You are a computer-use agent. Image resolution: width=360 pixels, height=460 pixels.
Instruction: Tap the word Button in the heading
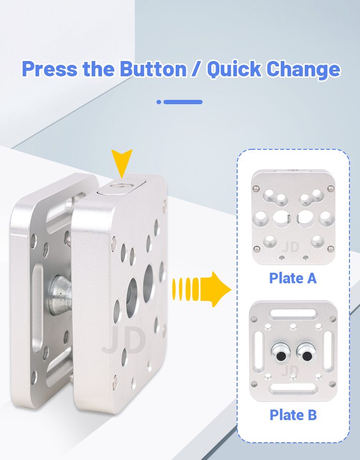[153, 69]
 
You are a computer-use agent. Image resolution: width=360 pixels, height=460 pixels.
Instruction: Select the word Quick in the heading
[234, 70]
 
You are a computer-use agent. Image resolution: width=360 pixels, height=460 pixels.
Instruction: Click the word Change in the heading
[303, 70]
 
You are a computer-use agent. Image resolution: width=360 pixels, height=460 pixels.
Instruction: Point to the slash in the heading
[197, 69]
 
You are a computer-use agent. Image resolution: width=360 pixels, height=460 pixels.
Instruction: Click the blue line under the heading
[183, 102]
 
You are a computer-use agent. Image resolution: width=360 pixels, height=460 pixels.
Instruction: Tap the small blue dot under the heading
[159, 102]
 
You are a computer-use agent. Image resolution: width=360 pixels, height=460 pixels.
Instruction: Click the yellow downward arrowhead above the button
[122, 162]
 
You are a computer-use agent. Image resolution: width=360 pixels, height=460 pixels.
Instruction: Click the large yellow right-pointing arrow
[202, 289]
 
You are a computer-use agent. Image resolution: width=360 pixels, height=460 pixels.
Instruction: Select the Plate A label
[293, 278]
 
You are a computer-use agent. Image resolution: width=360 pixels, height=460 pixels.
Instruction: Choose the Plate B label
[293, 415]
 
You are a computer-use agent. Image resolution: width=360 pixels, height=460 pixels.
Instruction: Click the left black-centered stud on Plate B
[281, 353]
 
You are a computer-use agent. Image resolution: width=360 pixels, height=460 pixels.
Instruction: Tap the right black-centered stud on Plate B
[306, 353]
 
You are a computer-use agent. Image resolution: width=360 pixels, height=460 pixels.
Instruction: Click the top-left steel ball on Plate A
[256, 188]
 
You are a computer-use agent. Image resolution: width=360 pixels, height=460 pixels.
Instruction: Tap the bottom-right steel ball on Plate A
[330, 249]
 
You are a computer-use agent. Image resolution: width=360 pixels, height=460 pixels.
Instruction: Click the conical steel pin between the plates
[60, 295]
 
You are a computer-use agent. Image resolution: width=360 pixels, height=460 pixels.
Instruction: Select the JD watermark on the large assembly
[123, 340]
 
